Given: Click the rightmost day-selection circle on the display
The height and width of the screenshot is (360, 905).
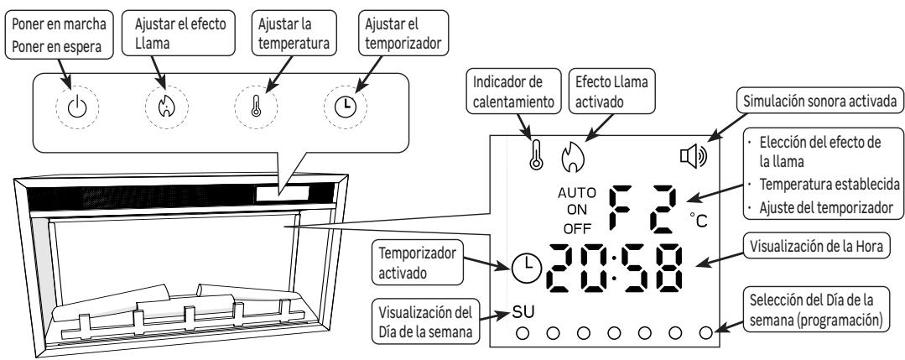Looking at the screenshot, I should pos(706,332).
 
